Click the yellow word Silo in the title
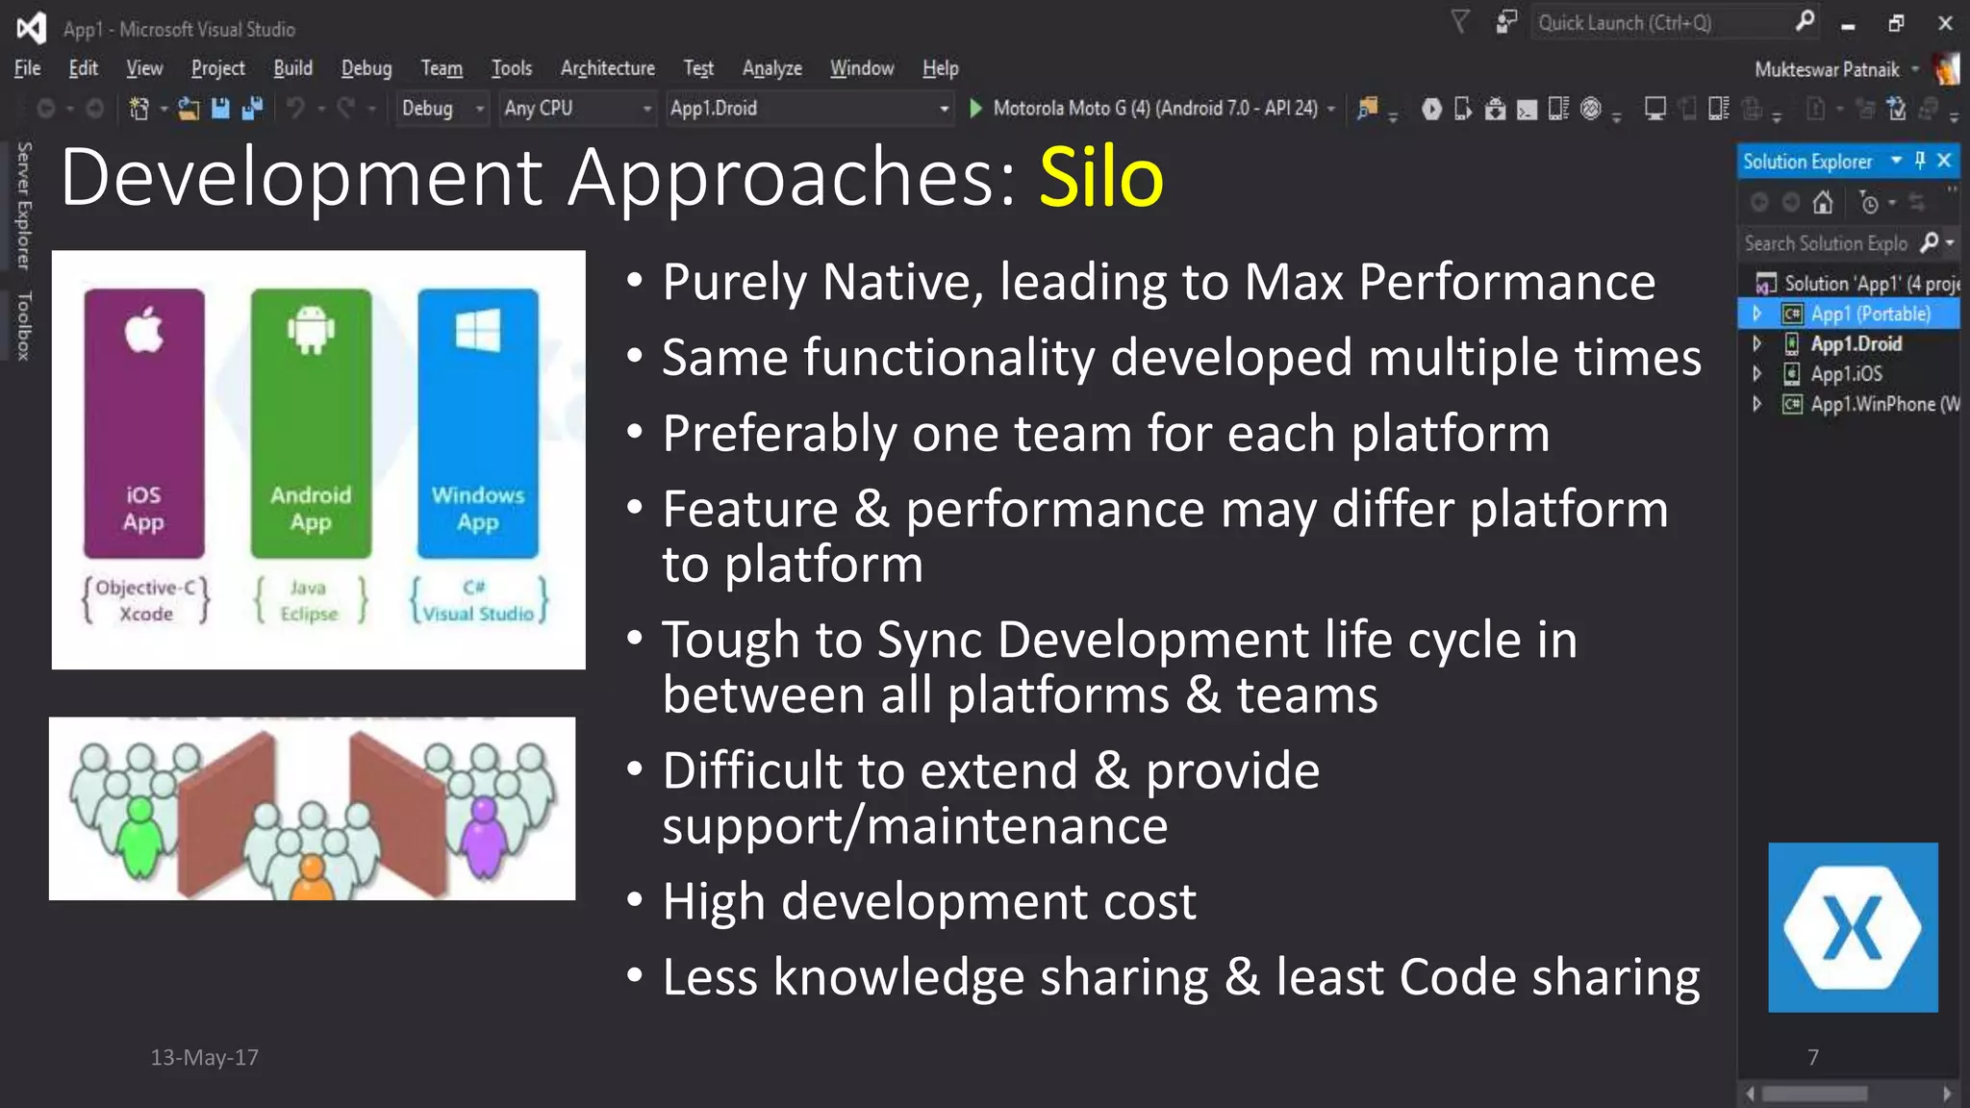[1100, 178]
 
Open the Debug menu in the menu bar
[366, 68]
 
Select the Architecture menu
[607, 68]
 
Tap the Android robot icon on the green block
[310, 330]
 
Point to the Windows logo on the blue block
[477, 330]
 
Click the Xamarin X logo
[1852, 927]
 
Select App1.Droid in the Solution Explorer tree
[1856, 344]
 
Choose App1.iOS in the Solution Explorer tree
[1846, 374]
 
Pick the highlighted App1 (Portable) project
[1870, 315]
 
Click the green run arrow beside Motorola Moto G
[975, 109]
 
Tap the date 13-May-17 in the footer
[204, 1057]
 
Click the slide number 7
[1812, 1057]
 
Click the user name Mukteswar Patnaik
[1826, 69]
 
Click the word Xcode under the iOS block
[146, 614]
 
